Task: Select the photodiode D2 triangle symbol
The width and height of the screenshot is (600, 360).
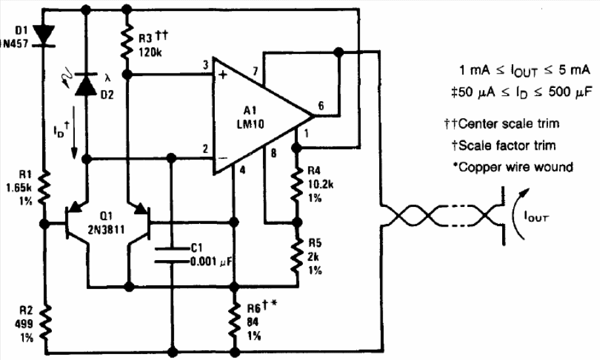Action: (x=86, y=84)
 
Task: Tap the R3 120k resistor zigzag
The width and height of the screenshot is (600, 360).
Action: (x=127, y=41)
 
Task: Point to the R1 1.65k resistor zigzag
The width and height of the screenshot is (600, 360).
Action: (x=45, y=187)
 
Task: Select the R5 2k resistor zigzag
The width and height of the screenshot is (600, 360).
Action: (x=296, y=256)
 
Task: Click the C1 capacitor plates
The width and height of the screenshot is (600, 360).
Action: (x=172, y=255)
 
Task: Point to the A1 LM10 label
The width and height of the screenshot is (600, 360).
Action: (x=250, y=118)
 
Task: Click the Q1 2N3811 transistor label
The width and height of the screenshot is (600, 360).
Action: (x=106, y=223)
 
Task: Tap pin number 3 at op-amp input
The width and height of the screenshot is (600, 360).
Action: (x=206, y=65)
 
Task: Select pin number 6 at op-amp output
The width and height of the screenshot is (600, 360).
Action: (x=321, y=106)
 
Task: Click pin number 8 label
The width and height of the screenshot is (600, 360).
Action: (x=273, y=154)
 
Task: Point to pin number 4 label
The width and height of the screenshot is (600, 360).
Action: (x=242, y=170)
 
